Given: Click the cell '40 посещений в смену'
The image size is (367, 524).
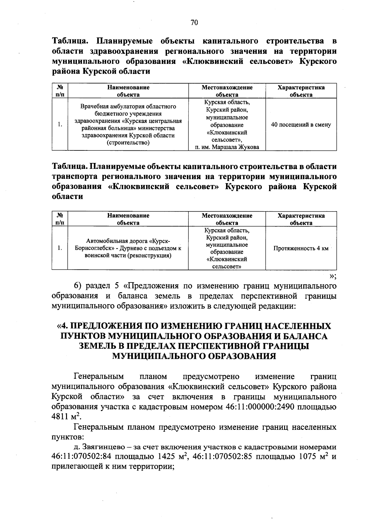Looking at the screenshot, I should pos(301,125).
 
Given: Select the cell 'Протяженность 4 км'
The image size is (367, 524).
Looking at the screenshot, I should pos(301,248).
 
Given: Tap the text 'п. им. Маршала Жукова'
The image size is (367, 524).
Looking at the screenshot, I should pos(227,147).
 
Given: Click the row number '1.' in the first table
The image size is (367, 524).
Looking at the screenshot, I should pos(60,125).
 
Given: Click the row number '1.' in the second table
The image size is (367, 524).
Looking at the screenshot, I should pos(60,248).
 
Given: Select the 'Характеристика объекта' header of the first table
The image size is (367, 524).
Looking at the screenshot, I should pos(301,91).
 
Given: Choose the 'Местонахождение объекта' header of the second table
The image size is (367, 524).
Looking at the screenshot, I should pos(227,219).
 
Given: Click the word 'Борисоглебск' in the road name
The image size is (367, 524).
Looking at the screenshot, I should pos(92,248).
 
